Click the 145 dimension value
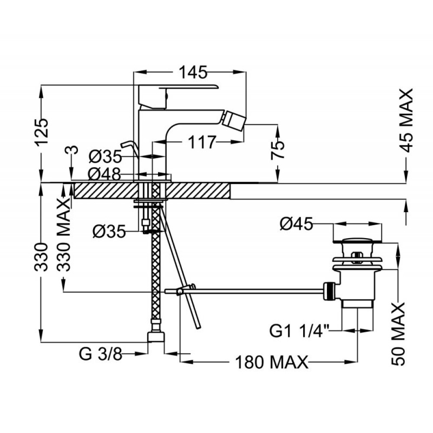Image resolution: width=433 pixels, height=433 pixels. (x=193, y=73)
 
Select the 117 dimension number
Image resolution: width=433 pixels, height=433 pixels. (x=201, y=142)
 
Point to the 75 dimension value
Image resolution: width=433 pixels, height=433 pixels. (x=277, y=150)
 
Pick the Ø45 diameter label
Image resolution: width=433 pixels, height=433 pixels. (x=296, y=224)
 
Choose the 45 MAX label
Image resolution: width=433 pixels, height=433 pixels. (x=406, y=120)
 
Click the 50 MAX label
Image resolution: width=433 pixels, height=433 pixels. (x=398, y=334)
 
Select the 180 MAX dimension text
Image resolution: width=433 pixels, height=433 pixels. (x=272, y=362)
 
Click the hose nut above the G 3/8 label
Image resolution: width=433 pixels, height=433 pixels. (x=156, y=336)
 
